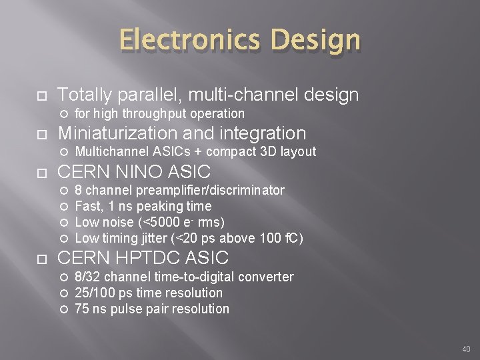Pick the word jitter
click(x=150, y=238)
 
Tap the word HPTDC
click(x=151, y=257)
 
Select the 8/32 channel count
click(x=87, y=277)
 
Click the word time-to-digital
click(x=175, y=277)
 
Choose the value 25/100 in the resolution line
click(x=93, y=293)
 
